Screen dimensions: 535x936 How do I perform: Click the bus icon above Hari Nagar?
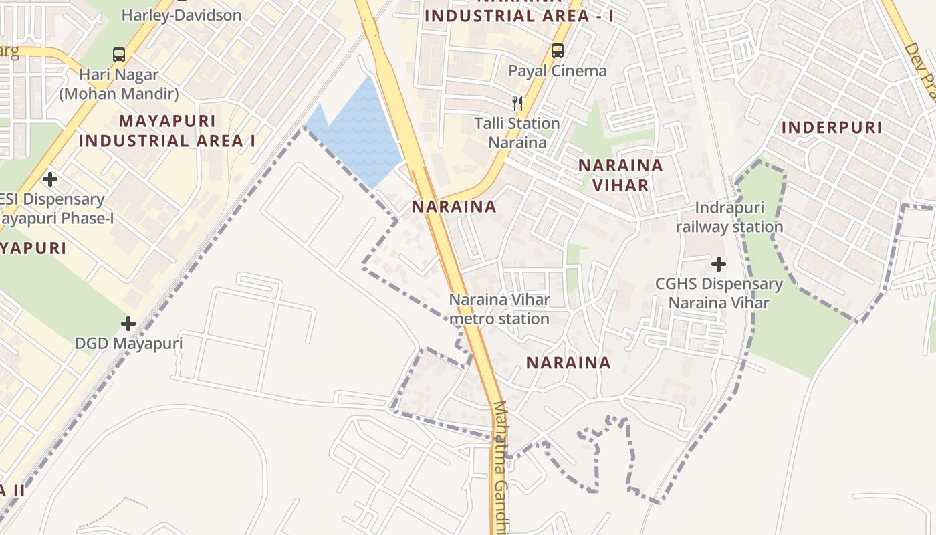(119, 55)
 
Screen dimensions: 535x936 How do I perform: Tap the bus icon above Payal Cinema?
(557, 50)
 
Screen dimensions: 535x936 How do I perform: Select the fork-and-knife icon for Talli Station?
(517, 103)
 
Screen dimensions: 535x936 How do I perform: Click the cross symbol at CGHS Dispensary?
(719, 264)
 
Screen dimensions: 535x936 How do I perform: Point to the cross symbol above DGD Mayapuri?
(128, 324)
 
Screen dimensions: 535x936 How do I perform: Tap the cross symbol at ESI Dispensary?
(49, 179)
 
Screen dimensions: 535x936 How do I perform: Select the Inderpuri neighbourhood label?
(832, 127)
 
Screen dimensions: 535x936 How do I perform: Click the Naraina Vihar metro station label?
(499, 309)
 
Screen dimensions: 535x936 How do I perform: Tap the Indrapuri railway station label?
(729, 217)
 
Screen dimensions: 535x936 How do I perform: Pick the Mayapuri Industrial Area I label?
(167, 130)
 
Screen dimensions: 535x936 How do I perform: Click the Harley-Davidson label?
(181, 15)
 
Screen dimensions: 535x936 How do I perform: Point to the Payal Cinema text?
(558, 71)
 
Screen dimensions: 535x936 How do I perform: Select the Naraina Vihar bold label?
(620, 175)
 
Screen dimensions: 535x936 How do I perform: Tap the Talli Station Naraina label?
(517, 132)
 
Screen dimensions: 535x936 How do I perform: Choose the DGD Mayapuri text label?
(128, 344)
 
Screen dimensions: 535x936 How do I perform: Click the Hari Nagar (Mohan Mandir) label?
(119, 84)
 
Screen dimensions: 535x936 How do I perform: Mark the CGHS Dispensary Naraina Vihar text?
(719, 293)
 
